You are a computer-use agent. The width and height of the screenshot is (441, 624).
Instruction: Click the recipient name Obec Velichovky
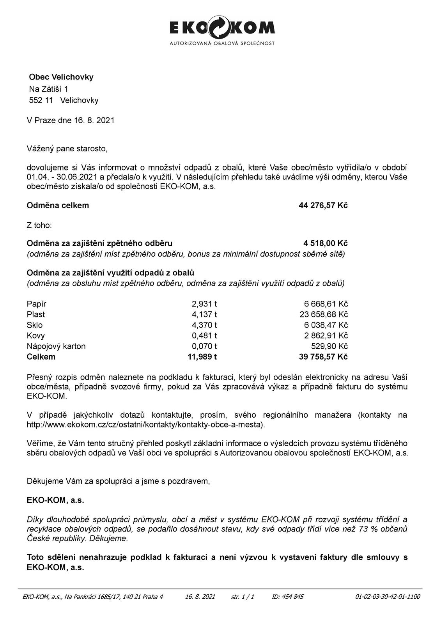point(61,77)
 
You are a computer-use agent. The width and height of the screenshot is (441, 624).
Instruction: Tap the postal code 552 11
point(41,100)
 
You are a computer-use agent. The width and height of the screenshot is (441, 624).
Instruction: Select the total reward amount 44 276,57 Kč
point(323,205)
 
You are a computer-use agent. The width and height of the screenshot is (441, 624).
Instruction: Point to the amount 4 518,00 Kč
point(325,243)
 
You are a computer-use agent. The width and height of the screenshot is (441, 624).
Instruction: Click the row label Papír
point(37,304)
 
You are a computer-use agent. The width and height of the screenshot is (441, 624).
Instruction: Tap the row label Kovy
point(36,335)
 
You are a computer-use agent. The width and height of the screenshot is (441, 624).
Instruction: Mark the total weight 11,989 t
point(202,356)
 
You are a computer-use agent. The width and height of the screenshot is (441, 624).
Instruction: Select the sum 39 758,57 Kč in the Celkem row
point(323,356)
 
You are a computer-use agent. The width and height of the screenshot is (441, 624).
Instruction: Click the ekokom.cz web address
point(145,424)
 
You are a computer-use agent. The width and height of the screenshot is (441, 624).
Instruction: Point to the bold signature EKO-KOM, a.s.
point(55,500)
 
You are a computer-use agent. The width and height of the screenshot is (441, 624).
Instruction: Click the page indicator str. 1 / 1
point(243,596)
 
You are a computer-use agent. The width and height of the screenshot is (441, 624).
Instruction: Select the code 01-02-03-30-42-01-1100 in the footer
point(388,596)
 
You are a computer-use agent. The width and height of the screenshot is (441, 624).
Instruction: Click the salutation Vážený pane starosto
point(67,149)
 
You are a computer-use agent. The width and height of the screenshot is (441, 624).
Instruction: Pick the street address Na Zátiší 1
point(49,89)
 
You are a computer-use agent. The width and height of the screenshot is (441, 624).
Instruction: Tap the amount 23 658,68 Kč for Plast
point(323,314)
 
